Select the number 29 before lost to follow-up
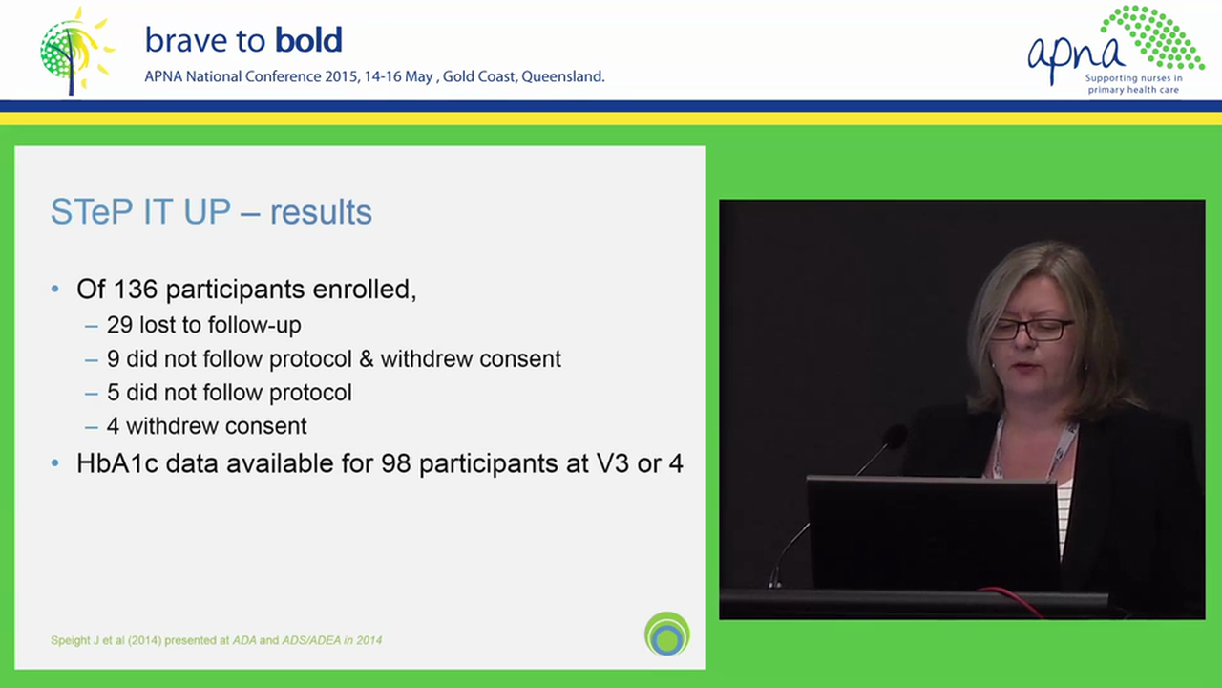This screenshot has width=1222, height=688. (x=119, y=325)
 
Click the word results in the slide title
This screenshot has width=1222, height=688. (x=321, y=212)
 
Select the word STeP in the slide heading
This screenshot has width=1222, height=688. (x=92, y=212)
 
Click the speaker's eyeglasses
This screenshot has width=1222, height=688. (x=1031, y=330)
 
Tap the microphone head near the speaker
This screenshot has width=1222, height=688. (x=894, y=437)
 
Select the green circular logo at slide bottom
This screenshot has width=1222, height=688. (x=666, y=634)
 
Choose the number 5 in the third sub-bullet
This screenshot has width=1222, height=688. (x=114, y=393)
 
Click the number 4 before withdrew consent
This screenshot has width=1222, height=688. (x=114, y=426)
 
